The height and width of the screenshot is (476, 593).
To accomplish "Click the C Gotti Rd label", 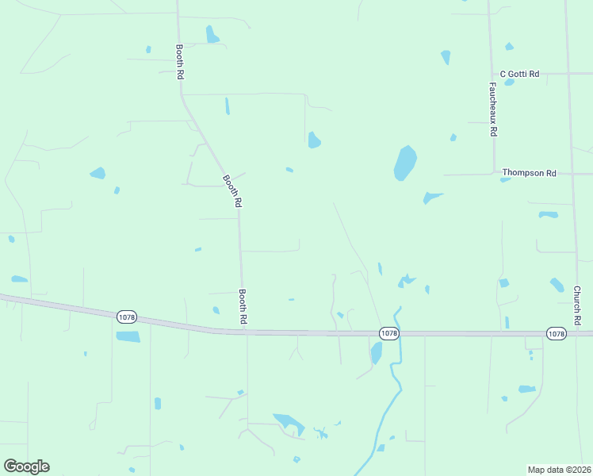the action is click(519, 74).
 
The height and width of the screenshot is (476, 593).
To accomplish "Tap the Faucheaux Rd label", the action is click(493, 109).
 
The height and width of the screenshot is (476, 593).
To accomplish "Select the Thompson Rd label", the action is click(529, 172).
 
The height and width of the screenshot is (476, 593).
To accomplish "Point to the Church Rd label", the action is click(578, 305).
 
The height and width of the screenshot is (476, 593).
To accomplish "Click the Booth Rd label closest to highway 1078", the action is click(244, 305).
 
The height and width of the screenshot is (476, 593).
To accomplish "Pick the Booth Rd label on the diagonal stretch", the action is click(232, 191).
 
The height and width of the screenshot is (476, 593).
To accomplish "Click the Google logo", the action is click(26, 466).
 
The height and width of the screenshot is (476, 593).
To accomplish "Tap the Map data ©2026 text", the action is click(560, 469).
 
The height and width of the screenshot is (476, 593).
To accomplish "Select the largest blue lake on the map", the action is click(405, 163).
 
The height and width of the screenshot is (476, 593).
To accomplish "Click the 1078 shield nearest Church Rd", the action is click(556, 334).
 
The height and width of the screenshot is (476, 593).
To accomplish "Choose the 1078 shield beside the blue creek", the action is click(388, 334).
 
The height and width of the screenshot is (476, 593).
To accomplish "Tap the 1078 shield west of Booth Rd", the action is click(126, 317).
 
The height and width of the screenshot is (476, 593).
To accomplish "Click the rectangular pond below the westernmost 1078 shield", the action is click(128, 336).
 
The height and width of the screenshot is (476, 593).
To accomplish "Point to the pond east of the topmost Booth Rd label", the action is click(212, 34).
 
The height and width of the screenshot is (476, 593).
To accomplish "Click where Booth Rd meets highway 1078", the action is click(246, 332).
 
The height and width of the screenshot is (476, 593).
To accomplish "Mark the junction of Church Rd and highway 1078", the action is click(573, 334).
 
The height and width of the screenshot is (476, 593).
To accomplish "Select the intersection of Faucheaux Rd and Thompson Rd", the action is click(493, 173).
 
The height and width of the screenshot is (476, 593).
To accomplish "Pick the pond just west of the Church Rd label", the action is click(557, 284).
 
